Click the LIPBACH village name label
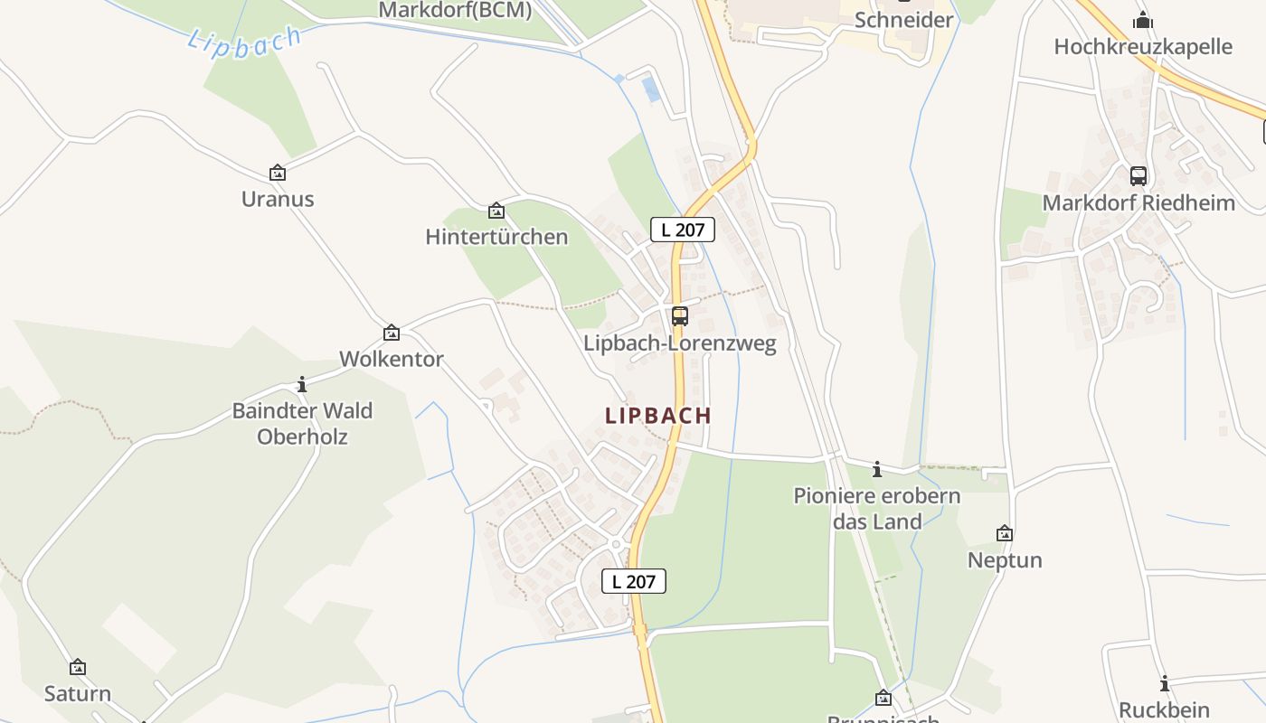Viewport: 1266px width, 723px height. [658, 416]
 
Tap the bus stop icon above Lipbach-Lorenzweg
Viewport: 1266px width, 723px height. [679, 316]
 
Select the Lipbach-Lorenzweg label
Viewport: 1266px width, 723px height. [679, 344]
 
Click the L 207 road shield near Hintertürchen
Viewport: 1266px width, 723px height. [683, 230]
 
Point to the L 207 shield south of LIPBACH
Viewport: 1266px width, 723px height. [633, 581]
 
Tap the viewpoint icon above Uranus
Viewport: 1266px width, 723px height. [278, 173]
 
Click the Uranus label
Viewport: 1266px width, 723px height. [278, 199]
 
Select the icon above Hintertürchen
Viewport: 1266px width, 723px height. [496, 211]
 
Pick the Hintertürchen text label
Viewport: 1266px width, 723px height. [496, 237]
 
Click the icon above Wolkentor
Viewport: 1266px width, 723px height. [392, 333]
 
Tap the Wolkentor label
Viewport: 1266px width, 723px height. [392, 359]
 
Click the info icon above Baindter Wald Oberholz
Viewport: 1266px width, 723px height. [302, 385]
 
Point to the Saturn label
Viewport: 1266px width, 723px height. [78, 694]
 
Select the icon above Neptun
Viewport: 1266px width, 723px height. [1004, 534]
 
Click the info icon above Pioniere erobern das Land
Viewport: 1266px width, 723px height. [876, 470]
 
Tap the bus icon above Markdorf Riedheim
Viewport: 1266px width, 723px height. [1138, 176]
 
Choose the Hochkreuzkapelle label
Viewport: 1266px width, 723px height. [1143, 46]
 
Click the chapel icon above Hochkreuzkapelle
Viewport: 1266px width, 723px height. [1143, 19]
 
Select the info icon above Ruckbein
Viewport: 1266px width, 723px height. [1165, 684]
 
